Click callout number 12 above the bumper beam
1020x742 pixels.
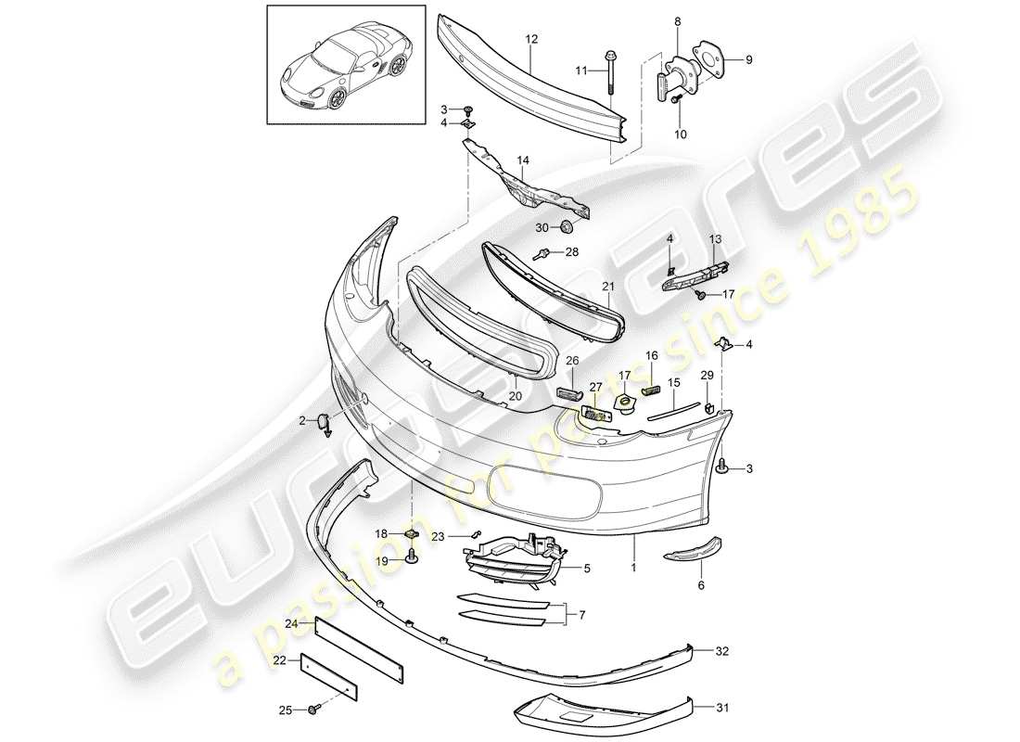tap(531, 39)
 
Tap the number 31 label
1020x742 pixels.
tap(722, 709)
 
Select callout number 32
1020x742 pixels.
tap(722, 652)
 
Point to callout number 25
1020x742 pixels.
tap(286, 710)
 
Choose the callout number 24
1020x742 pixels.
tap(291, 623)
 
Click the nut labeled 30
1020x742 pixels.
tap(567, 226)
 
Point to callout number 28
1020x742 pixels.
tap(571, 252)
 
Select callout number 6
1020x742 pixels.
tap(701, 585)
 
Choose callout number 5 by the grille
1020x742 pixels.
tap(585, 568)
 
